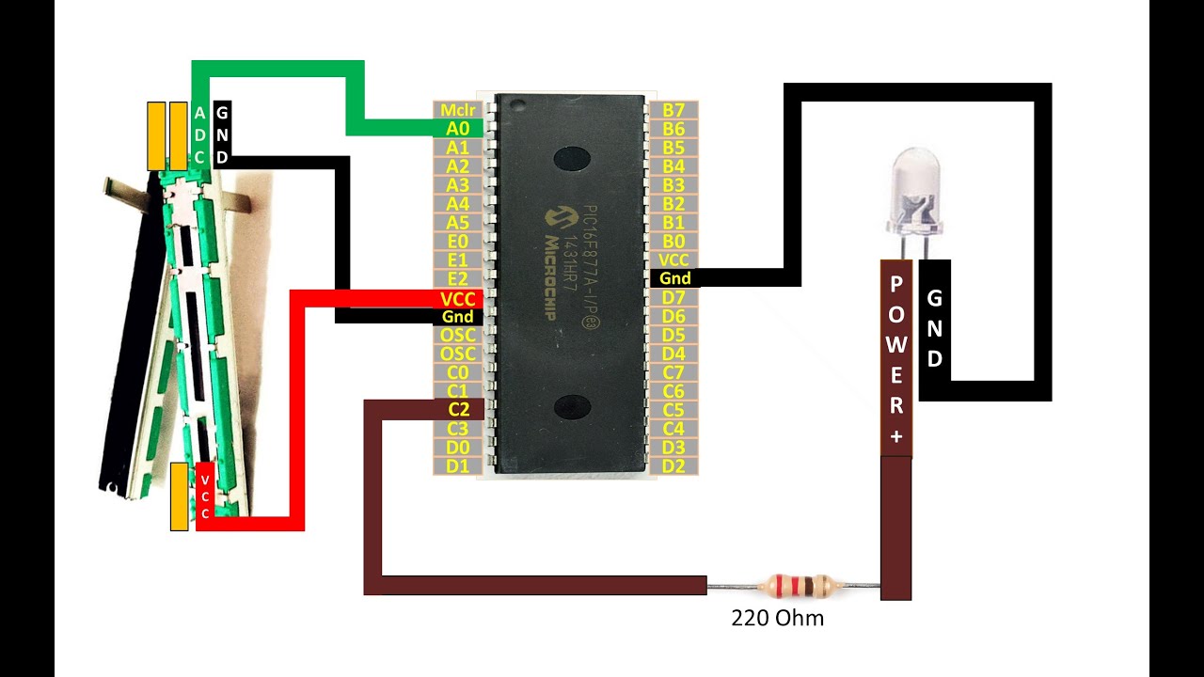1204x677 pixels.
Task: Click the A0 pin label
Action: [458, 129]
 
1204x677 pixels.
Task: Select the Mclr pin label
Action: [458, 110]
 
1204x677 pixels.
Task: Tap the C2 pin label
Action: [458, 409]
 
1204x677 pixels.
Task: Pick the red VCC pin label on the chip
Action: [458, 298]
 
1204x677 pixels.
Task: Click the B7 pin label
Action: [673, 110]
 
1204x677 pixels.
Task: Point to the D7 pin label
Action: [673, 298]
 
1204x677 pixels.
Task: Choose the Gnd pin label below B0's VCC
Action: [673, 278]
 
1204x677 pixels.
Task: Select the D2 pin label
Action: [673, 465]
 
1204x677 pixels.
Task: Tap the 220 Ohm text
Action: [778, 618]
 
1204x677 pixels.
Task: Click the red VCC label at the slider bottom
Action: [205, 496]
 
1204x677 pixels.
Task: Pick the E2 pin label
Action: [458, 278]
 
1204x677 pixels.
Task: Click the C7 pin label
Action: [673, 372]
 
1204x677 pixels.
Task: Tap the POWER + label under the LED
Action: [896, 358]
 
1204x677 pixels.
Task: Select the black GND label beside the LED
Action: [935, 328]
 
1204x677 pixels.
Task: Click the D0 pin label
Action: [458, 447]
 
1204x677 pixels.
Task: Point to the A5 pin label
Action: [458, 223]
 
